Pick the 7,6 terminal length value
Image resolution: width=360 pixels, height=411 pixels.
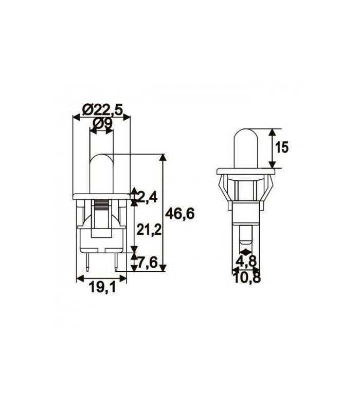click(x=148, y=263)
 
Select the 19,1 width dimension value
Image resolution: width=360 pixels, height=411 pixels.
click(x=101, y=288)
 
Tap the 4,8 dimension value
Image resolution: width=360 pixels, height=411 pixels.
click(x=246, y=261)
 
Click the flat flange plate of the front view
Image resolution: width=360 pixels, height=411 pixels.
click(x=101, y=196)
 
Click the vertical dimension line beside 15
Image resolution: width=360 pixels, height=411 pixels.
click(x=271, y=148)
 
